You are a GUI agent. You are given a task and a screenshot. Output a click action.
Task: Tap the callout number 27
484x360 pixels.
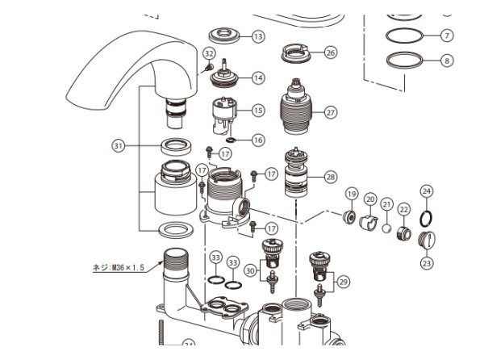pos(331,113)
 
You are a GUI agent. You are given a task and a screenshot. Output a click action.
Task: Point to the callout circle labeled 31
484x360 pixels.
pos(119,146)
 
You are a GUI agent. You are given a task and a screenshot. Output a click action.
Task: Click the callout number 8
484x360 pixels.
pos(448,61)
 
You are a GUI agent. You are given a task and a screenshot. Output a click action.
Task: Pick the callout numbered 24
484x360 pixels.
pos(427,191)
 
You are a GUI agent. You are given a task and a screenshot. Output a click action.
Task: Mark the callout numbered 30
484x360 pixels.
pos(250,271)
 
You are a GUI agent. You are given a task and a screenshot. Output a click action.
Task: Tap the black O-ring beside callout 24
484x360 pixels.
pos(427,216)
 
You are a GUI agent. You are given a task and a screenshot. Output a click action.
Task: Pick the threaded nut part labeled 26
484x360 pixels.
pos(297,56)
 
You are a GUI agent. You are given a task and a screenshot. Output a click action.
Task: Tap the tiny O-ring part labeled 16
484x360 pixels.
pos(232,139)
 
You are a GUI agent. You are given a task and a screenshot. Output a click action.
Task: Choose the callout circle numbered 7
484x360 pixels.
pos(448,36)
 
